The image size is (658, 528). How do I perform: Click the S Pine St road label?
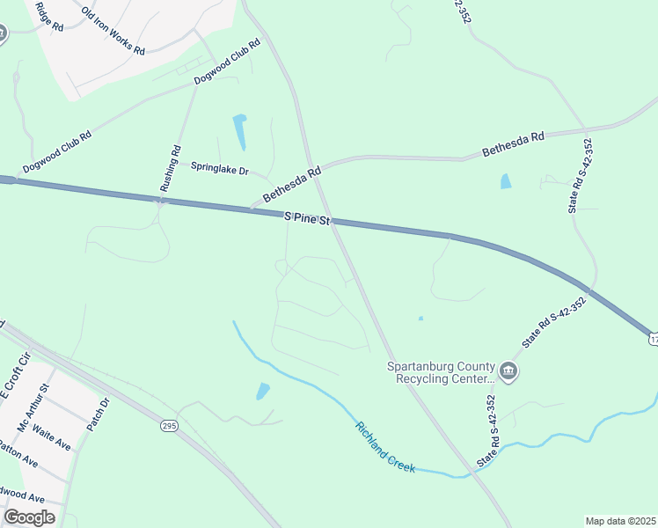(305, 217)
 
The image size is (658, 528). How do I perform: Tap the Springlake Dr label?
(220, 166)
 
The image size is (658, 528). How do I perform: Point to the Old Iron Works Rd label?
(113, 32)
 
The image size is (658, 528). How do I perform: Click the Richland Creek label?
(384, 447)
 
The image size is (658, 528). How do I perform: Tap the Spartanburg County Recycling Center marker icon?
(508, 372)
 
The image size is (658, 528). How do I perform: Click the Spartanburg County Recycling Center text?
(442, 372)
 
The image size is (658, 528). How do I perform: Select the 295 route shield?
(170, 426)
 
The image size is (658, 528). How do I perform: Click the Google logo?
(29, 517)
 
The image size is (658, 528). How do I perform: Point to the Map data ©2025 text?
(620, 521)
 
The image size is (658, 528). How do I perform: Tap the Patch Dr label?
(97, 414)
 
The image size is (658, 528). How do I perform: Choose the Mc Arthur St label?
(34, 407)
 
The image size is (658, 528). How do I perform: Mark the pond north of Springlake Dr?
(239, 131)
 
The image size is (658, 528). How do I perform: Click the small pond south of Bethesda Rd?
(505, 181)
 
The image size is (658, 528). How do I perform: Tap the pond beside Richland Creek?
(262, 391)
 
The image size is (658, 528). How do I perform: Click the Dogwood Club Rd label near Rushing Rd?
(227, 61)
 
